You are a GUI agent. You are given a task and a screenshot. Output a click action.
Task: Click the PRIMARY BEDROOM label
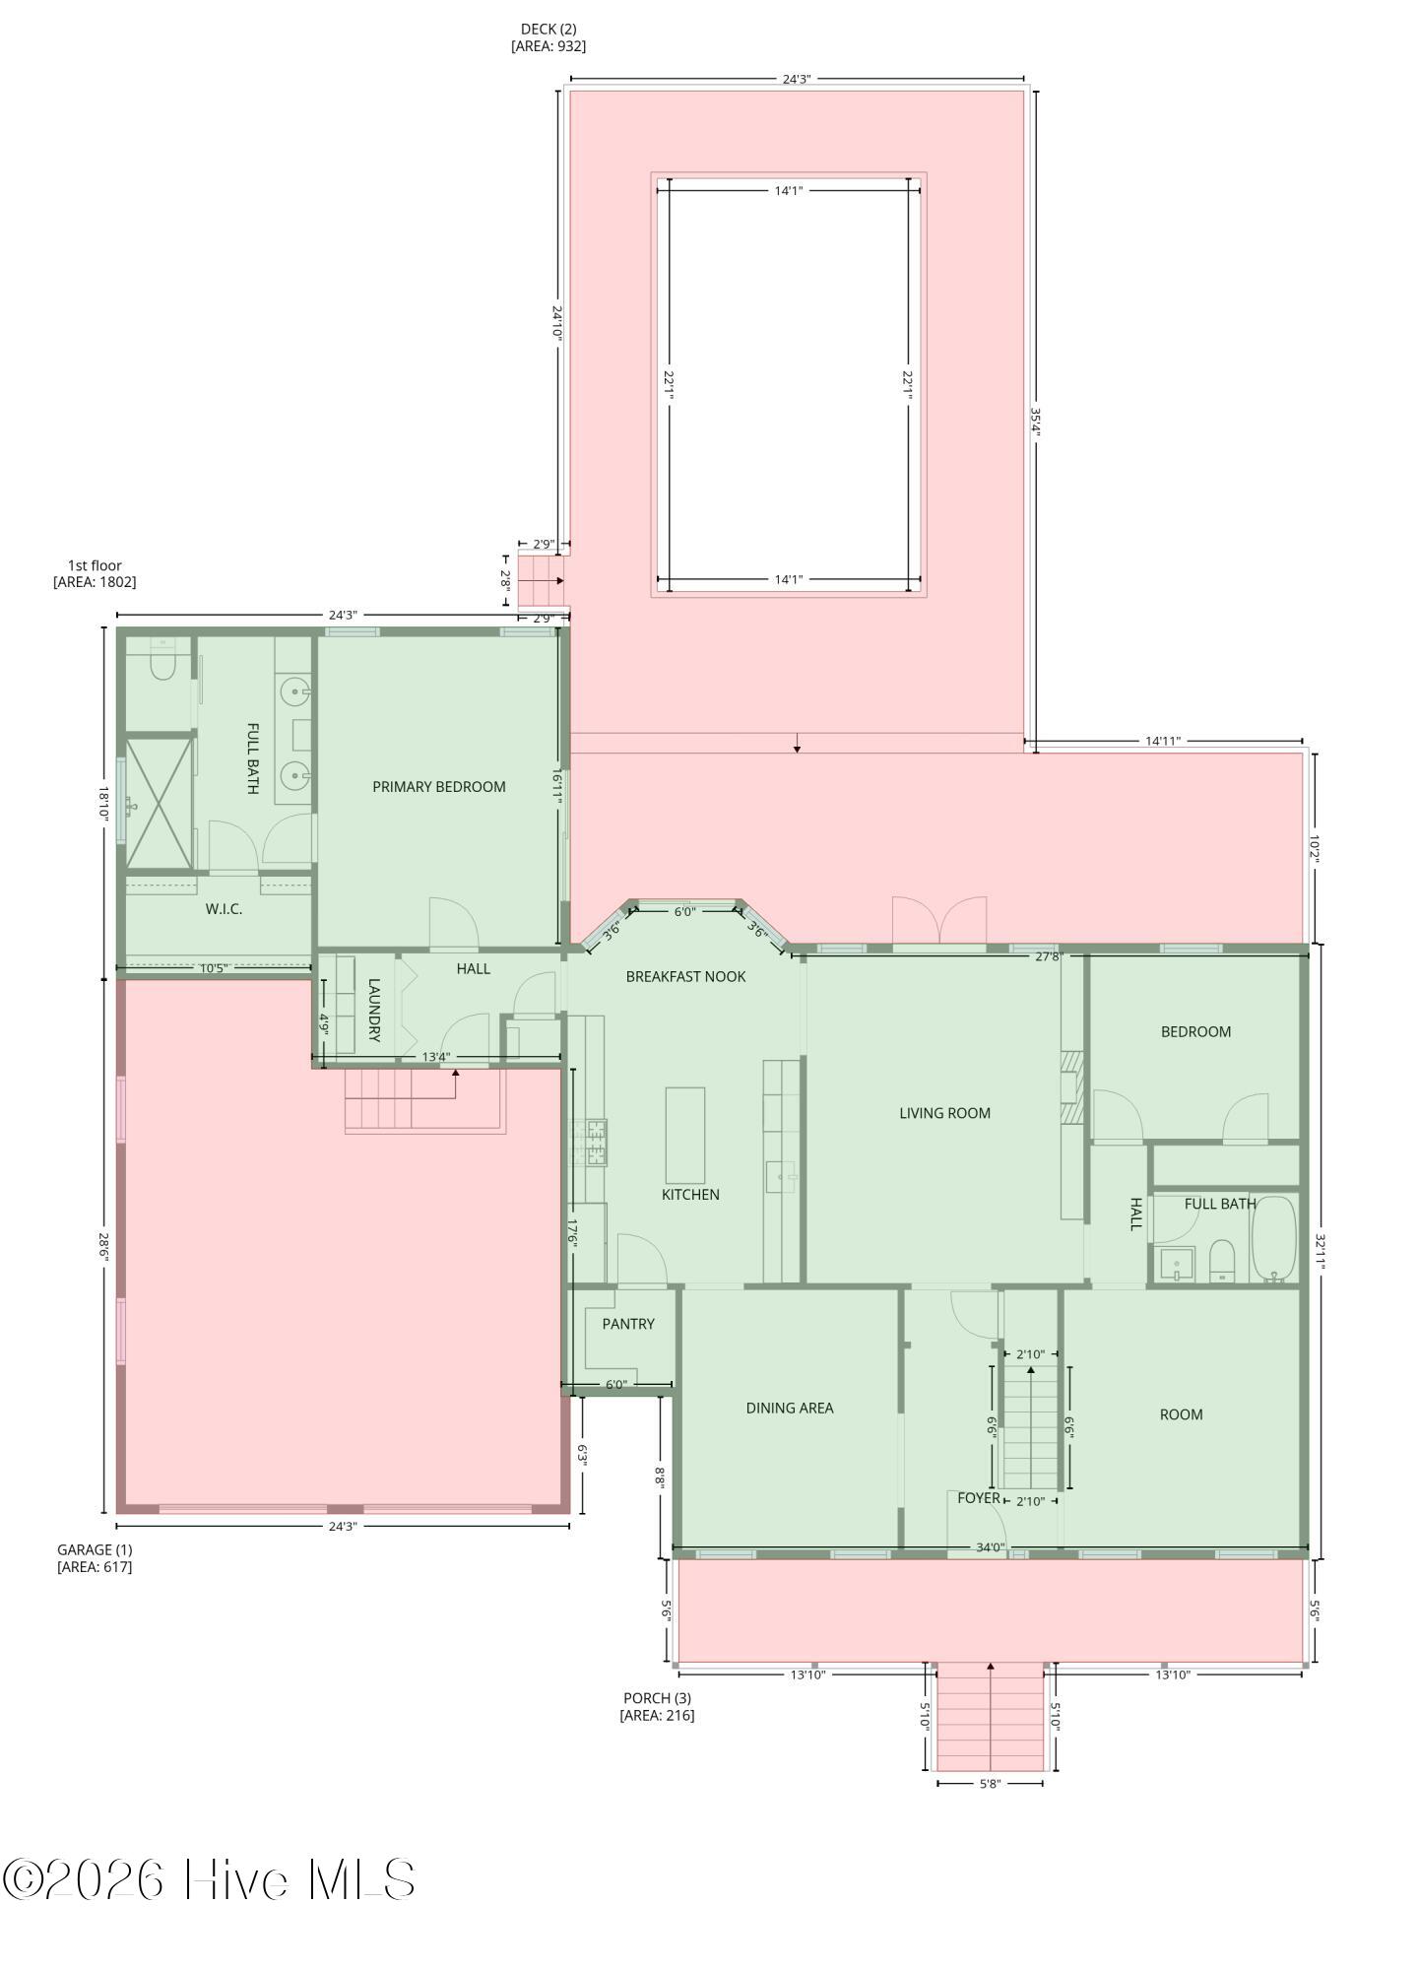(439, 786)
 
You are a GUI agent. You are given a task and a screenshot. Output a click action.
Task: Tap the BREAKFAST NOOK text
(685, 976)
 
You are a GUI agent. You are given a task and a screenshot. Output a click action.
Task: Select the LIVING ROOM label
(944, 1113)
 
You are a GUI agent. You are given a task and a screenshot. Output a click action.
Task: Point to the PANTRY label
(628, 1324)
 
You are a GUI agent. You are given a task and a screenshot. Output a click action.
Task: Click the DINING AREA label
(790, 1408)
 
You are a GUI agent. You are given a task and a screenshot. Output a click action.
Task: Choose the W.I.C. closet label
(224, 909)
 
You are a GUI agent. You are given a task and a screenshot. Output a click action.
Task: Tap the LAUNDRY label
(374, 1010)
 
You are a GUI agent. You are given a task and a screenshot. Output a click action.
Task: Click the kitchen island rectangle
(685, 1136)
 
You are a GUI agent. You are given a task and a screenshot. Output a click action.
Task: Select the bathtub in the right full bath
(1275, 1239)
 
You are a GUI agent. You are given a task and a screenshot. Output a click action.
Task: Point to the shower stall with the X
(158, 802)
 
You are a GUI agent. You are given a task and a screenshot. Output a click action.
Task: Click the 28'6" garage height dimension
(103, 1246)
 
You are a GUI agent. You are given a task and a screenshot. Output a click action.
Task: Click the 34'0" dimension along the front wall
(990, 1547)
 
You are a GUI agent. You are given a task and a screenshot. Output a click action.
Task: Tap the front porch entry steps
(990, 1718)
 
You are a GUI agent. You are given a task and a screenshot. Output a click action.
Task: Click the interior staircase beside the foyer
(1030, 1426)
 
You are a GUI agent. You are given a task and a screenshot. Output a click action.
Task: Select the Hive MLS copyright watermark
(209, 1879)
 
